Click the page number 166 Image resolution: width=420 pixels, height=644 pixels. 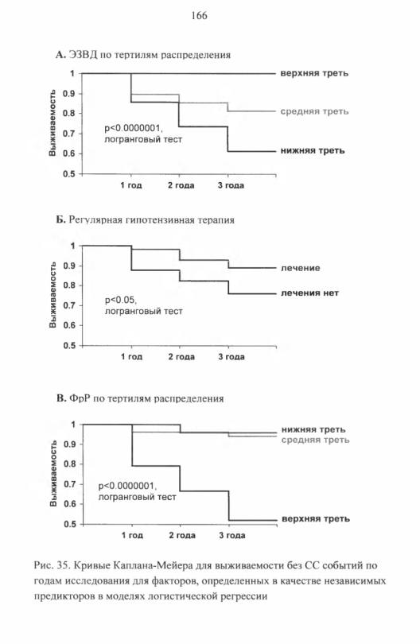pos(200,16)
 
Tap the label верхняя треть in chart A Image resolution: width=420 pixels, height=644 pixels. pos(314,73)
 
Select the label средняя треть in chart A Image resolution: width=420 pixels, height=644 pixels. pos(314,111)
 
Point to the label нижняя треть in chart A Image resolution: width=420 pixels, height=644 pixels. pos(313,151)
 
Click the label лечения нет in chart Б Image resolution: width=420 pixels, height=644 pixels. pos(310,293)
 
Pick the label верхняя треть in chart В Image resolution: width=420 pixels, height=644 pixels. pos(316,518)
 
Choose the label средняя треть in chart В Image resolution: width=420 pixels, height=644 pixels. pos(315,440)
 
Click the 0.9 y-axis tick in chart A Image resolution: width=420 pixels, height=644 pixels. pos(68,94)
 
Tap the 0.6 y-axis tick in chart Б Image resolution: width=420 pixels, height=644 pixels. pos(69,325)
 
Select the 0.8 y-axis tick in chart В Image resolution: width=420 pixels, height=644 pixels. pos(69,464)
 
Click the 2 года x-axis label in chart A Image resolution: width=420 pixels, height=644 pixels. pos(181,185)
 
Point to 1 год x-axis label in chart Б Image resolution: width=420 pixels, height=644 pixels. pos(131,356)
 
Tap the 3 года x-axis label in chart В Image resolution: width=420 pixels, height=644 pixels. pos(232,535)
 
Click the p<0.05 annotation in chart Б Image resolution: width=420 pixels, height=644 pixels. pos(120,301)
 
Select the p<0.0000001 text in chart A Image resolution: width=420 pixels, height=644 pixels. pos(132,128)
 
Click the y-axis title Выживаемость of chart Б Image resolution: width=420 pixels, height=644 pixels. pos(52,294)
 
